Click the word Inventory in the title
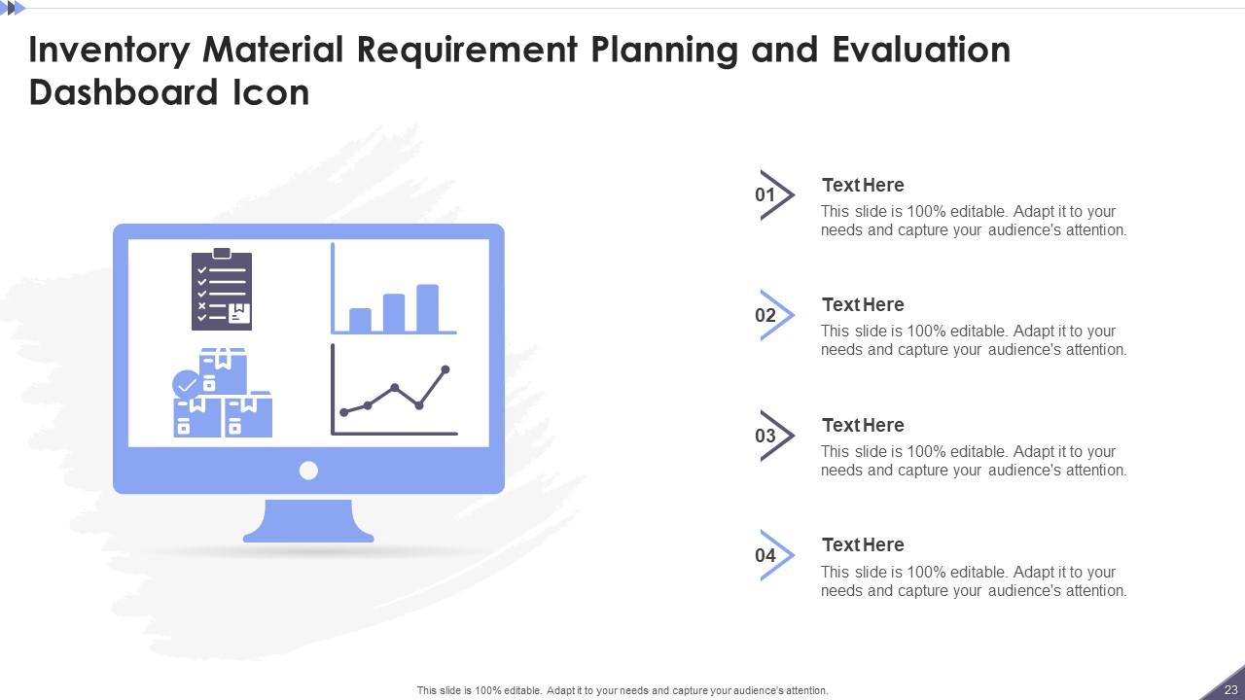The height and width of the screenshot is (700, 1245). point(110,51)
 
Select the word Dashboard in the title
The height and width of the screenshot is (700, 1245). point(123,92)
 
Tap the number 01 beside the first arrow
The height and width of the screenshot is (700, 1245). point(765,195)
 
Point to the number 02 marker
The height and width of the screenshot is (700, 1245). point(765,316)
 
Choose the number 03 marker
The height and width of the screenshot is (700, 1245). point(765,436)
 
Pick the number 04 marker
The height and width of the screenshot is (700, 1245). point(765,555)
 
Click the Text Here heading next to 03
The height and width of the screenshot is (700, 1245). point(863,426)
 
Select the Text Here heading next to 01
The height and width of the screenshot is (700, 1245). point(863,185)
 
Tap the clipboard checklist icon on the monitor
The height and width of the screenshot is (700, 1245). point(222,290)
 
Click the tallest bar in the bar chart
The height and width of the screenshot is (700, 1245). point(427,308)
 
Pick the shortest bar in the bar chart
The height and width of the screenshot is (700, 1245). point(360,320)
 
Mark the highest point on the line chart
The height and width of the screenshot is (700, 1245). point(445,369)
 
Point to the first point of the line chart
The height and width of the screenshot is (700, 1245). point(344,412)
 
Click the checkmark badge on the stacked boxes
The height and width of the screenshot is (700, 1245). point(186,384)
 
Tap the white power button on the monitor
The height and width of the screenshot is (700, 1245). point(308,471)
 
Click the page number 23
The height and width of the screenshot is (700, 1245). point(1231,689)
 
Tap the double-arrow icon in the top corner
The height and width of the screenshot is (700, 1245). point(13,9)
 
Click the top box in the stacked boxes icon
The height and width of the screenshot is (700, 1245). point(223,370)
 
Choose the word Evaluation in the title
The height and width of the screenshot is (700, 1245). point(921,51)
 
